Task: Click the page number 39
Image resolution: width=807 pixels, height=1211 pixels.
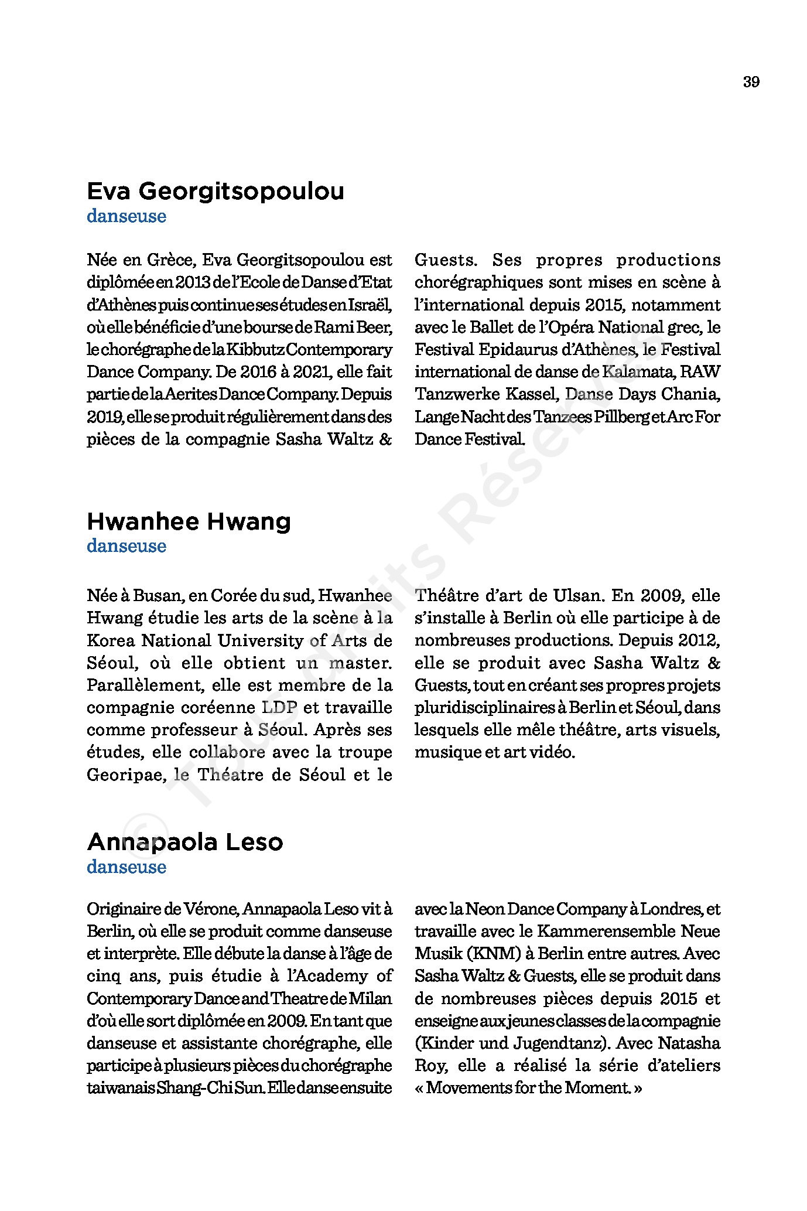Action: point(751,82)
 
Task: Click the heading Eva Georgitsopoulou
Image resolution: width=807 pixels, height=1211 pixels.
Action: point(216,192)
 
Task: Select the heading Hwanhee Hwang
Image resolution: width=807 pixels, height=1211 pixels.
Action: point(189,521)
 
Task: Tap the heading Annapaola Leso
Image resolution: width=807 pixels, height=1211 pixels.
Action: point(185,842)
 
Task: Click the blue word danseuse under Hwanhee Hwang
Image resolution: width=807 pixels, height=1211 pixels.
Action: point(126,546)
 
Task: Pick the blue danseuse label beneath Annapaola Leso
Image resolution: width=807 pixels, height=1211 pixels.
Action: point(126,867)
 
